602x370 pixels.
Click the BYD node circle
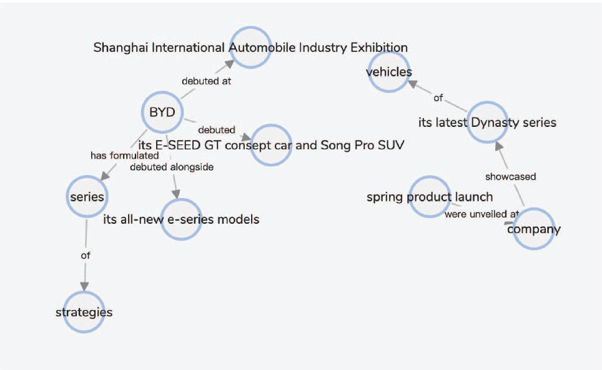[162, 112]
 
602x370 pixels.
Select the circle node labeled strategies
[84, 312]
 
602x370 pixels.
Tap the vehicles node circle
[389, 72]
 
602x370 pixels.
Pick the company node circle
[533, 229]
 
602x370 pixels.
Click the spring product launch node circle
[430, 197]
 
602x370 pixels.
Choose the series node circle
[87, 196]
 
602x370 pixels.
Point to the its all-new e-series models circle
[181, 219]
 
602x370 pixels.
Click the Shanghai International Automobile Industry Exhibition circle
[250, 47]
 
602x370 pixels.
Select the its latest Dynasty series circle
[487, 122]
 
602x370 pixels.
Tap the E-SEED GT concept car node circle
[271, 145]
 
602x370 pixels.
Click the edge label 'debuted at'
[206, 81]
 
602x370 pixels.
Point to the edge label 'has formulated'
[124, 155]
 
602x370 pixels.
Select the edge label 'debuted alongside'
[172, 167]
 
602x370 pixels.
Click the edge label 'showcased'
[510, 177]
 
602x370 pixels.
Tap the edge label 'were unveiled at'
[481, 214]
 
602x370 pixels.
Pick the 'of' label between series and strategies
[85, 255]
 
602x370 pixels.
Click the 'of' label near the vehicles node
[438, 97]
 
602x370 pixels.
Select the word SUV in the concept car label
[391, 146]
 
